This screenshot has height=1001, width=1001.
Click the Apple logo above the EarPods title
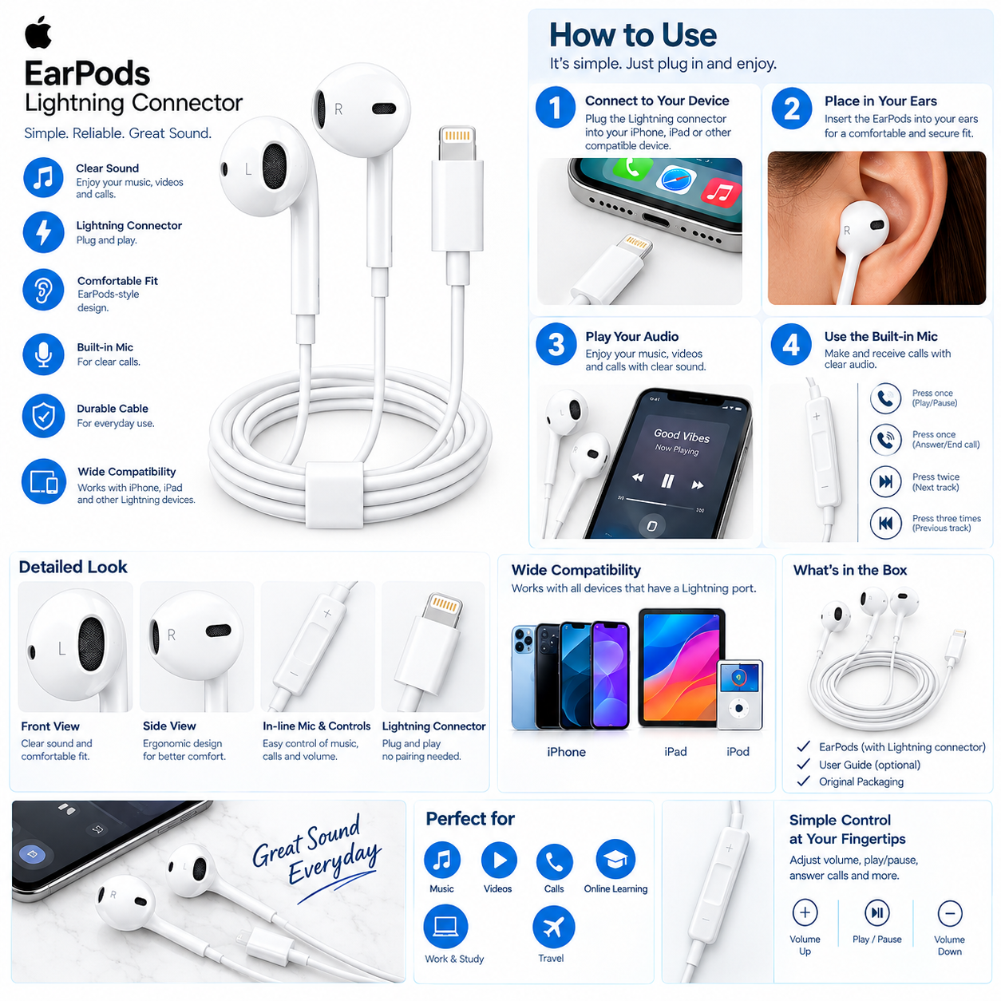pyautogui.click(x=38, y=32)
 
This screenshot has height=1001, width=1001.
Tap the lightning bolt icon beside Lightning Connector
pyautogui.click(x=43, y=231)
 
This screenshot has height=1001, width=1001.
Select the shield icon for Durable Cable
pyautogui.click(x=43, y=416)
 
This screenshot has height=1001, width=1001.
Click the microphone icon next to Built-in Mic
pyautogui.click(x=43, y=354)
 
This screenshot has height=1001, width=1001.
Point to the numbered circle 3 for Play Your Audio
pyautogui.click(x=556, y=344)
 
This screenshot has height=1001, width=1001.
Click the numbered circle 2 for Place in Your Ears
pyautogui.click(x=791, y=109)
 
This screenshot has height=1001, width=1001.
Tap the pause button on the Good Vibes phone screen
pyautogui.click(x=667, y=481)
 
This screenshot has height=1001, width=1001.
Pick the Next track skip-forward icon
pyautogui.click(x=886, y=481)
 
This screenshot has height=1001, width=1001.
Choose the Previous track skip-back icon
pyautogui.click(x=886, y=523)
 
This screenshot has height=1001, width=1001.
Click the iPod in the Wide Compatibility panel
pyautogui.click(x=740, y=694)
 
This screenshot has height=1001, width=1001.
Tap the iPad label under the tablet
pyautogui.click(x=675, y=751)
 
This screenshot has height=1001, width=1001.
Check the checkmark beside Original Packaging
pyautogui.click(x=803, y=781)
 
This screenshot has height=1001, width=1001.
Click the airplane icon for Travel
pyautogui.click(x=553, y=927)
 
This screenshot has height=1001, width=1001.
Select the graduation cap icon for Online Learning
pyautogui.click(x=615, y=859)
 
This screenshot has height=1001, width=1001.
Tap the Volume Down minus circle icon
pyautogui.click(x=950, y=913)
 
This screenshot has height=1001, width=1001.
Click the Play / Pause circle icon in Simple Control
pyautogui.click(x=876, y=912)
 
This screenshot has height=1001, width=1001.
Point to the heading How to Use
pyautogui.click(x=633, y=35)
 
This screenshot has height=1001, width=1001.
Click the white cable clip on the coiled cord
pyautogui.click(x=334, y=494)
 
